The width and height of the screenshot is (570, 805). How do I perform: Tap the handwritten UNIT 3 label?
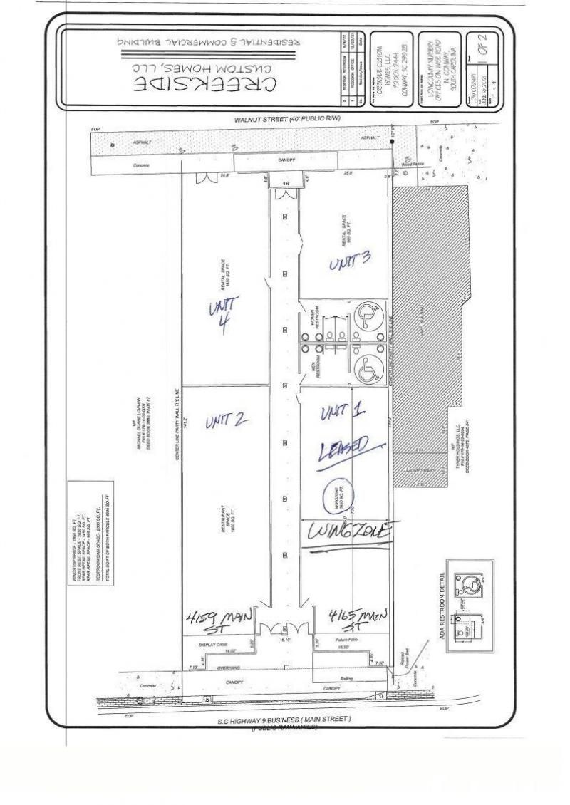(349, 264)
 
